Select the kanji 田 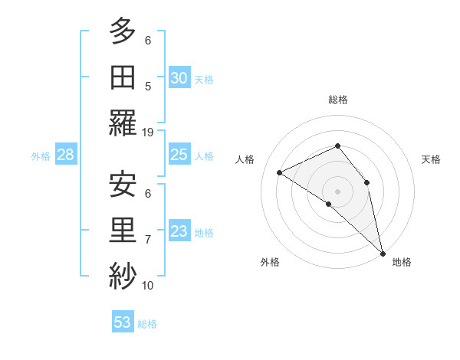click(123, 77)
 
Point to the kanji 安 click(123, 185)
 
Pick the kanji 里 click(123, 231)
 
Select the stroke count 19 click(149, 132)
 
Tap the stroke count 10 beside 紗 click(149, 285)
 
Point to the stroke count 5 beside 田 click(148, 87)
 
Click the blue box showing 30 click(179, 77)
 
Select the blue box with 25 click(179, 155)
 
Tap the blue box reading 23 click(179, 232)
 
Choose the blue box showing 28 click(65, 155)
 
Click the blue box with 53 click(122, 322)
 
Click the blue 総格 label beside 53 click(147, 324)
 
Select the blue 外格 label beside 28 click(41, 156)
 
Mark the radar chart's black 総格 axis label click(337, 100)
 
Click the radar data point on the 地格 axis click(383, 252)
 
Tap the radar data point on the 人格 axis click(280, 172)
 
